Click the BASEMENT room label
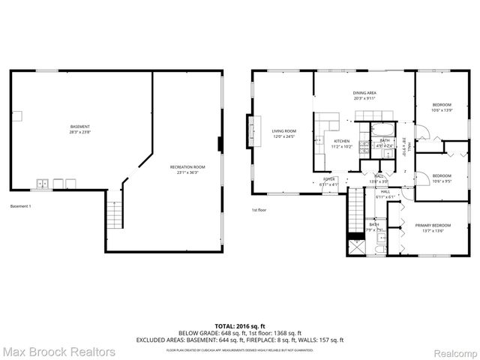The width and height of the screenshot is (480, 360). point(80,126)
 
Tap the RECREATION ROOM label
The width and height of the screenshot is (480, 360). point(187,166)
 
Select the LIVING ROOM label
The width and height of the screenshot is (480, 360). point(283,131)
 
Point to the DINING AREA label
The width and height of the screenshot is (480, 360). point(364,92)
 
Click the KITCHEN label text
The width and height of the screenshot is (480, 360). point(342,141)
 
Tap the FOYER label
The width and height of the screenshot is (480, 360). point(329,179)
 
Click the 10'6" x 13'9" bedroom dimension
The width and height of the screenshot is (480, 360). point(441,109)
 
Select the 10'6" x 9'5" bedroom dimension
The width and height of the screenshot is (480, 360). point(441,180)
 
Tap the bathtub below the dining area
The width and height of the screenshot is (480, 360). point(385,127)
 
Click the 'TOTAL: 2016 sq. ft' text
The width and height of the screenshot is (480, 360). point(239,326)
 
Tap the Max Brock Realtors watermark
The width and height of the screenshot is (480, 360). point(58,351)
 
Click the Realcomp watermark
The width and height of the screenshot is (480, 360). point(454,351)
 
